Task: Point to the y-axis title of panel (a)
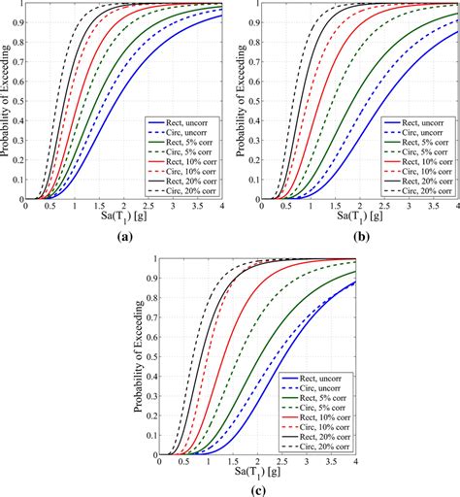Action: click(x=8, y=101)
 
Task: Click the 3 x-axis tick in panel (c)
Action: click(x=305, y=461)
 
